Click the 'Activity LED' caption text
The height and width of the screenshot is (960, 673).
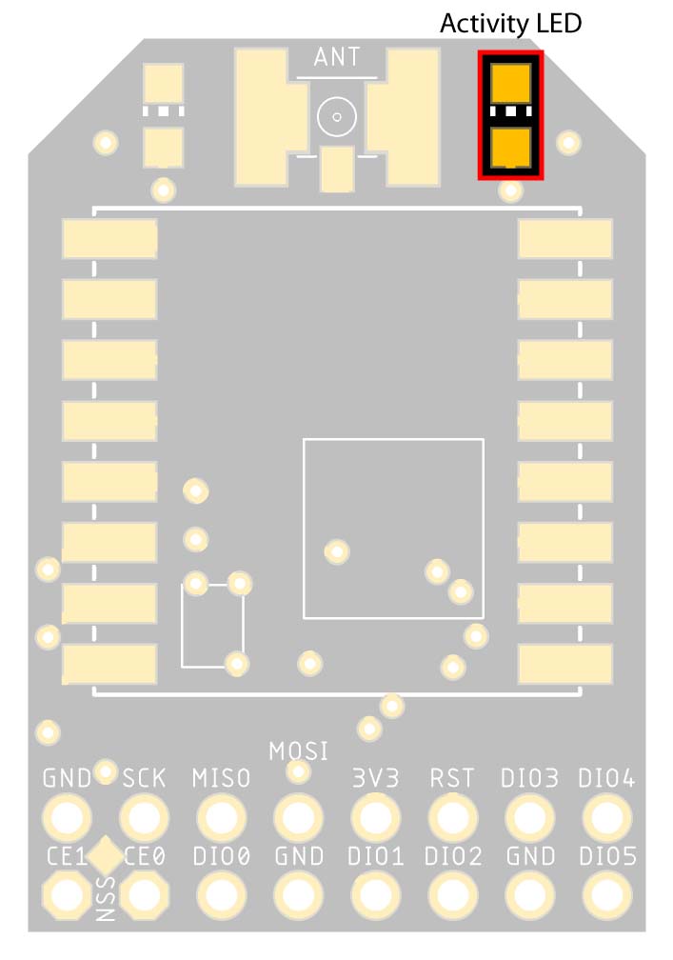tap(510, 24)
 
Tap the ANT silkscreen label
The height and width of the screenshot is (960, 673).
tap(337, 57)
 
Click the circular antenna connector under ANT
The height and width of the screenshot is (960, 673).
tap(337, 116)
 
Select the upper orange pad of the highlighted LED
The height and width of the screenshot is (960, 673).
tap(510, 83)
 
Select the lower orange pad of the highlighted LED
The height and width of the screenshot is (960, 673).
tap(510, 148)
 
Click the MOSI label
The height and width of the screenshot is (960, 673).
tap(299, 751)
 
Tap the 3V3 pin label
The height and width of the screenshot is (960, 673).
tap(376, 778)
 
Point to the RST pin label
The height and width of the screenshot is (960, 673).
tap(452, 778)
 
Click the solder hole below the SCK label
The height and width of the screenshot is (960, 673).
tap(145, 817)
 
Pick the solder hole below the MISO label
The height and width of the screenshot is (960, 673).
tap(222, 817)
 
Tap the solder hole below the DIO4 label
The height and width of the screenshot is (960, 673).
tap(607, 817)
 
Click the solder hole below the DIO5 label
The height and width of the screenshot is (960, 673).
tap(607, 895)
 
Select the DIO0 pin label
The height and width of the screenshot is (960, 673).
tap(222, 856)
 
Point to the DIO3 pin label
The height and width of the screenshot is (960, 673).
tap(529, 778)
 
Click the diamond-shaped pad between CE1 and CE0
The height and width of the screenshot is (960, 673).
tap(106, 855)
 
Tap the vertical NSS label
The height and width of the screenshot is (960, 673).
tap(106, 899)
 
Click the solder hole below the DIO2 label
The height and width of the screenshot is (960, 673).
tap(453, 895)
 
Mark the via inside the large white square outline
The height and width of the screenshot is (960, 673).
tap(337, 551)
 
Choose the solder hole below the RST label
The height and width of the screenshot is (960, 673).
tap(453, 817)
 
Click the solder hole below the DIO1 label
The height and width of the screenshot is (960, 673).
tap(376, 895)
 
